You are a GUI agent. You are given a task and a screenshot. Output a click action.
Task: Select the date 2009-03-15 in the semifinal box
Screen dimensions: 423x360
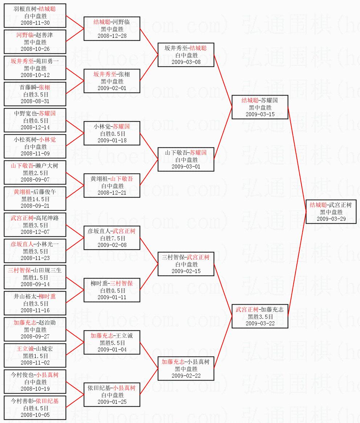tap(260, 114)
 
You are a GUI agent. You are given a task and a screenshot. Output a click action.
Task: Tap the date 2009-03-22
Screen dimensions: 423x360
tap(260, 323)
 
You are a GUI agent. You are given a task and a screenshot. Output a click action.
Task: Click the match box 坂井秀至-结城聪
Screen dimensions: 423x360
tap(186, 55)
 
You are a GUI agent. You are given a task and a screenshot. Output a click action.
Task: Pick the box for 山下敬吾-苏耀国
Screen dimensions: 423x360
tap(186, 159)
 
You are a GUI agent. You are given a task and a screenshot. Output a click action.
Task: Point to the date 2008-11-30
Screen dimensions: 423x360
tap(35, 23)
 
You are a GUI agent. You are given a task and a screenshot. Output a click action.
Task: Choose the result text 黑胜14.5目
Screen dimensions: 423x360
tap(35, 199)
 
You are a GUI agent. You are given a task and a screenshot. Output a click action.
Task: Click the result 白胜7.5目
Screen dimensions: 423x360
tap(112, 238)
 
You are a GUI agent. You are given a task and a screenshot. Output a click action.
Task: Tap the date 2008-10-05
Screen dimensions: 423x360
tap(35, 415)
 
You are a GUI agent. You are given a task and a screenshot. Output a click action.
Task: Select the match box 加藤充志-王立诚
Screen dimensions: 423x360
tap(112, 342)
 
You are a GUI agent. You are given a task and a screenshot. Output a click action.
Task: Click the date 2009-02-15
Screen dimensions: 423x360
tap(186, 271)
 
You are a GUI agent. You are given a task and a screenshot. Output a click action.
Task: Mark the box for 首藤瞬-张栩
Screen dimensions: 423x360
tap(35, 94)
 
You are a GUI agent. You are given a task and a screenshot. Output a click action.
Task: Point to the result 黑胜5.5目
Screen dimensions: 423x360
tap(112, 343)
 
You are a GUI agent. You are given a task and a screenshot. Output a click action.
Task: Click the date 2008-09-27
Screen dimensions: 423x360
tap(35, 336)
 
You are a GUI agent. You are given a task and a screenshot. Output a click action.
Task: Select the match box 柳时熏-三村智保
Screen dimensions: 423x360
tap(112, 290)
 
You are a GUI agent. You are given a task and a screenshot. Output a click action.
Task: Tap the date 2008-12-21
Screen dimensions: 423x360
tap(112, 192)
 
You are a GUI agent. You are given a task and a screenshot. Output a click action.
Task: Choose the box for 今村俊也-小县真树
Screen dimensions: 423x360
tap(35, 382)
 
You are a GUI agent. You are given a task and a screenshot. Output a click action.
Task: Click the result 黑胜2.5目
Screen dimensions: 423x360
tap(35, 173)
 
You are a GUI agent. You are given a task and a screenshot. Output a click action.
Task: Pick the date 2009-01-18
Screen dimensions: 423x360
tap(112, 140)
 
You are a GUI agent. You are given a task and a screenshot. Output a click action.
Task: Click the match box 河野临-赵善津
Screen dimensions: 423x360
tap(35, 42)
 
